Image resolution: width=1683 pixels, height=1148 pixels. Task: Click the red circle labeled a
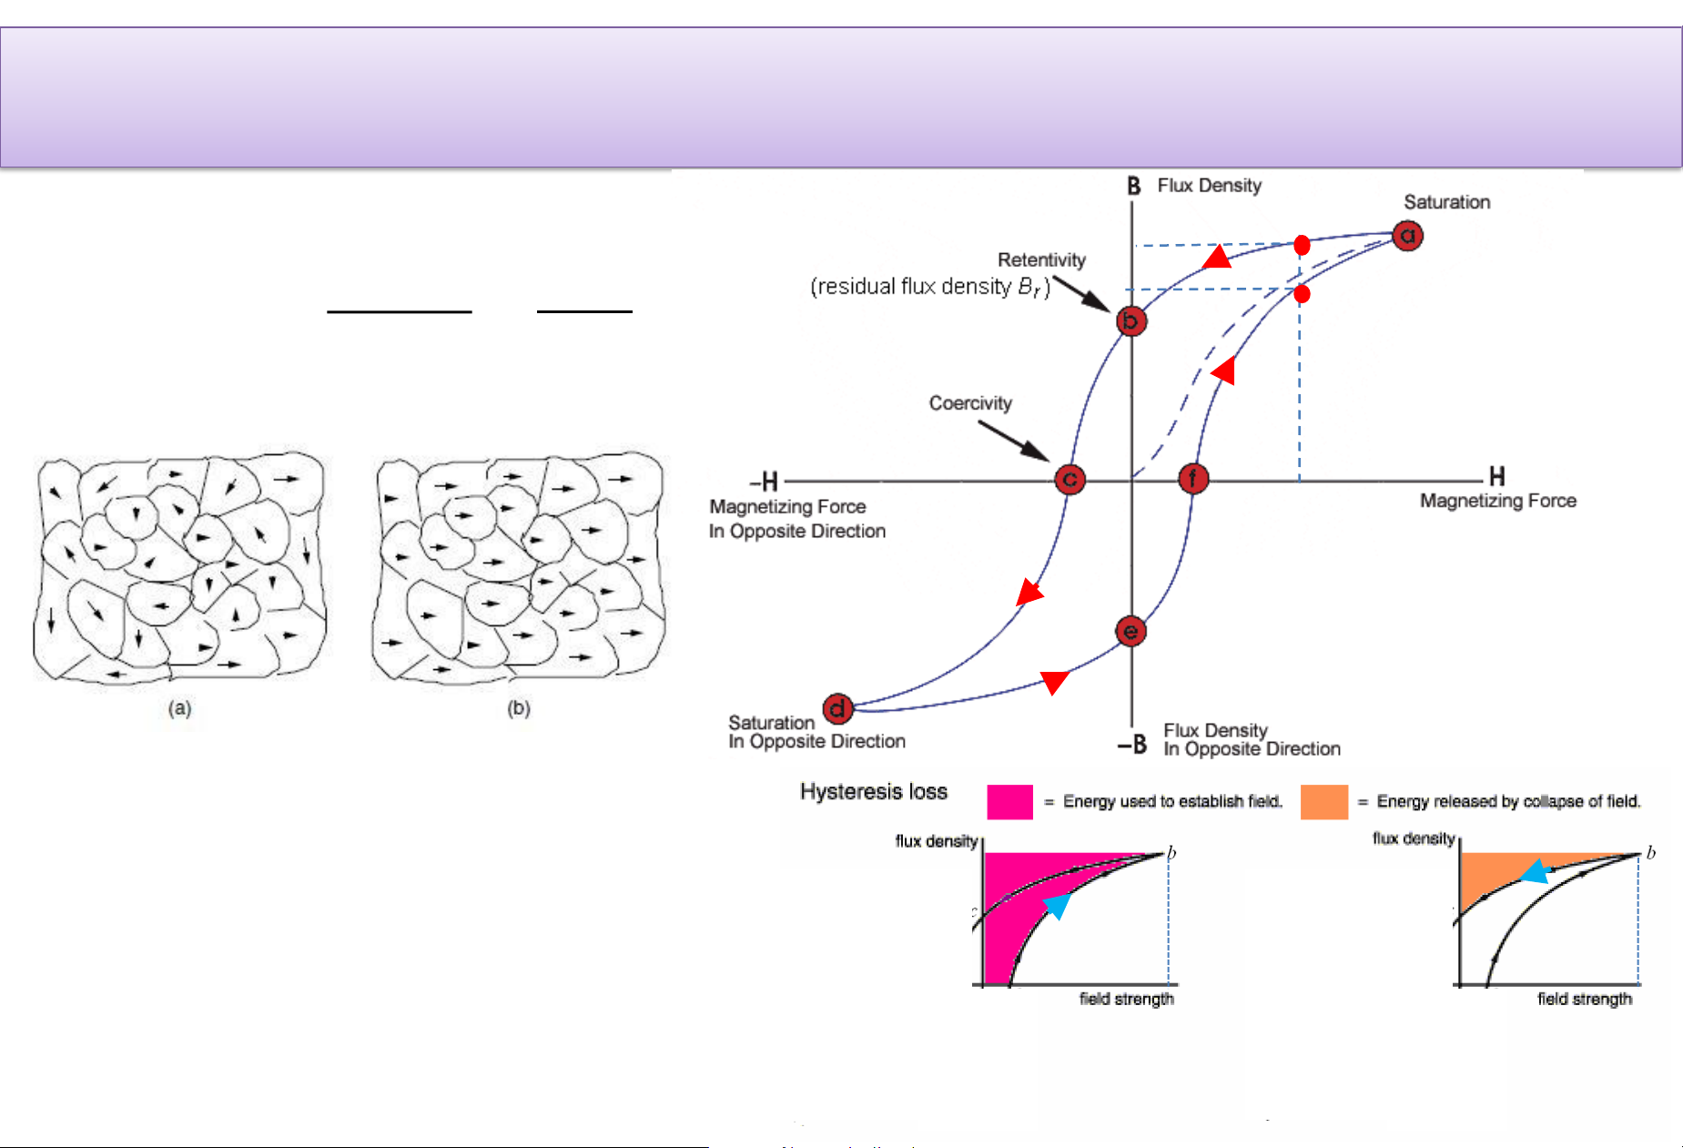pyautogui.click(x=1407, y=236)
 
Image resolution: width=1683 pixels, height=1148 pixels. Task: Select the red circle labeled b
pyautogui.click(x=1130, y=320)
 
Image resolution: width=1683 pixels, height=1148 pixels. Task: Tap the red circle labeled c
pyautogui.click(x=1070, y=479)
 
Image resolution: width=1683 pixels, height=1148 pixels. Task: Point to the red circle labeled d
pyautogui.click(x=837, y=707)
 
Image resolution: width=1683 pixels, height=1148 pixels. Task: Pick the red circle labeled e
pyautogui.click(x=1130, y=631)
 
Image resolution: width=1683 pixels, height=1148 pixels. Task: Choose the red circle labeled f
pyautogui.click(x=1192, y=479)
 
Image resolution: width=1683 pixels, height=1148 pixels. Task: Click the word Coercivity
pyautogui.click(x=970, y=403)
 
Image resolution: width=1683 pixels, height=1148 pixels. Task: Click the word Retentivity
pyautogui.click(x=1041, y=260)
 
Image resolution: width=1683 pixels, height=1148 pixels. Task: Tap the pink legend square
pyautogui.click(x=1009, y=802)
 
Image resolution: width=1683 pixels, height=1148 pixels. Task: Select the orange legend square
pyautogui.click(x=1323, y=802)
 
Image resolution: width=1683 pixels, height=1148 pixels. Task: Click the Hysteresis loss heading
pyautogui.click(x=873, y=792)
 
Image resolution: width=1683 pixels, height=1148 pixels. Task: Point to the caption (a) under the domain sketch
pyautogui.click(x=179, y=708)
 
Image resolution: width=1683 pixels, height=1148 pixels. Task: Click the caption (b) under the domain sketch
pyautogui.click(x=519, y=708)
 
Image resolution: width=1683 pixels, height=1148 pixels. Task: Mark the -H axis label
pyautogui.click(x=765, y=481)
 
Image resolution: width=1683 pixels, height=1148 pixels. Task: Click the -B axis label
pyautogui.click(x=1132, y=746)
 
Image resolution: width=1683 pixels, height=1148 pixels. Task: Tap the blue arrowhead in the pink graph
pyautogui.click(x=1058, y=906)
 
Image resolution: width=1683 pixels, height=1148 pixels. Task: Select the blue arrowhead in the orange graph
pyautogui.click(x=1536, y=872)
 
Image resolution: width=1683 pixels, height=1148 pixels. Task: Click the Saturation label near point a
pyautogui.click(x=1446, y=202)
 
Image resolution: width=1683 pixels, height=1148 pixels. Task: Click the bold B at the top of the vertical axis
pyautogui.click(x=1133, y=187)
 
